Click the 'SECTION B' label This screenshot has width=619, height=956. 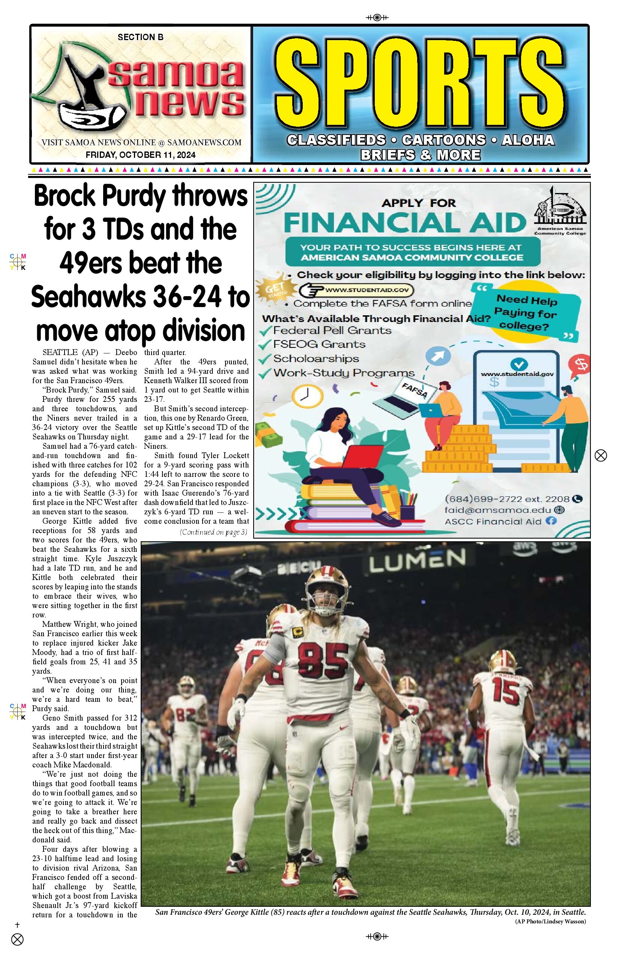point(140,37)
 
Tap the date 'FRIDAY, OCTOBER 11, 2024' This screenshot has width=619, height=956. point(140,154)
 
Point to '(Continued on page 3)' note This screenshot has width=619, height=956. point(213,532)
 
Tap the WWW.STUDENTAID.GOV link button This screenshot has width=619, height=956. point(357,289)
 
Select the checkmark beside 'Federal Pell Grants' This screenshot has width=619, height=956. point(265,331)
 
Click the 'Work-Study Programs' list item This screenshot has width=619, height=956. point(344,373)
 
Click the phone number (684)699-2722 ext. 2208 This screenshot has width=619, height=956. point(507,499)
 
